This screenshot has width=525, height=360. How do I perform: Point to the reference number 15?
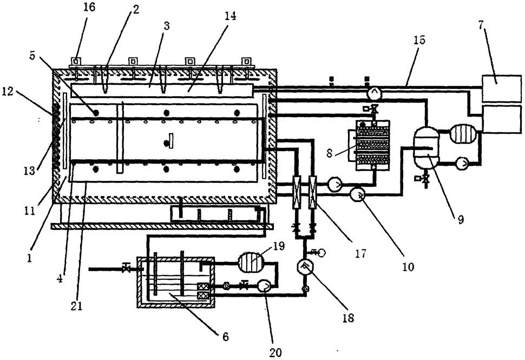[x=419, y=40]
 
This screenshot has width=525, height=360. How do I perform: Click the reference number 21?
[x=76, y=306]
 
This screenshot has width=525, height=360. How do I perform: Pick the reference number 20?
[x=275, y=352]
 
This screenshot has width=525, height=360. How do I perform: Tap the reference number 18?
[x=348, y=317]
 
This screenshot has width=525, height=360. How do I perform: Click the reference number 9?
[x=461, y=220]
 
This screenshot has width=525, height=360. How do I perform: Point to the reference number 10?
[x=408, y=266]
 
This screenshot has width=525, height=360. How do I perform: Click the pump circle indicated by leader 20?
[x=264, y=286]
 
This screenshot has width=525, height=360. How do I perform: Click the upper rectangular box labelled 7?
[x=502, y=89]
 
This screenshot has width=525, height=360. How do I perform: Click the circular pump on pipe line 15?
[x=373, y=93]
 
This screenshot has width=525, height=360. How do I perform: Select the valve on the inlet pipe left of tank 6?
[x=126, y=269]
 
